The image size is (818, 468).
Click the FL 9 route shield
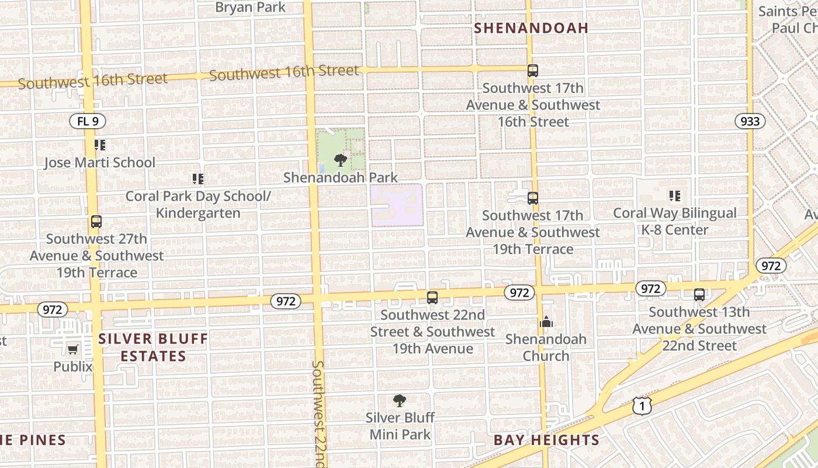[88, 122]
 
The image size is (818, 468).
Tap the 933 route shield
[750, 121]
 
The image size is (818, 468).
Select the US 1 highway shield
[642, 405]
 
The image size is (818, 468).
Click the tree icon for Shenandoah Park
[340, 160]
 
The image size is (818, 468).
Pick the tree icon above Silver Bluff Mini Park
[400, 401]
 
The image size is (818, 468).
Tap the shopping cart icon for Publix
[72, 349]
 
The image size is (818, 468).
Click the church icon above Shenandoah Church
[546, 322]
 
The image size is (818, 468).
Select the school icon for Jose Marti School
[100, 144]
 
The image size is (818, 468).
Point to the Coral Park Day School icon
[198, 178]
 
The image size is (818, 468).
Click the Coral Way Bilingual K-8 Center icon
[675, 196]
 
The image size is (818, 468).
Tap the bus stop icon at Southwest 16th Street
[532, 71]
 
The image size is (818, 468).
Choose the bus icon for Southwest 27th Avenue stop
[96, 222]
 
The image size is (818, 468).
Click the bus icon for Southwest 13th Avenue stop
[699, 295]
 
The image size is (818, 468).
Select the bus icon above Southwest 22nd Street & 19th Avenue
[432, 298]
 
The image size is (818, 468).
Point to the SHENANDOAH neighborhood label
[531, 27]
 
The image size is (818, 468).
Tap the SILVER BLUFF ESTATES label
[153, 347]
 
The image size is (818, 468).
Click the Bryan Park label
[251, 7]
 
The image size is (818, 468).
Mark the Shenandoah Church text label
[546, 347]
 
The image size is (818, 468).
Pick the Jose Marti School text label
[100, 163]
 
